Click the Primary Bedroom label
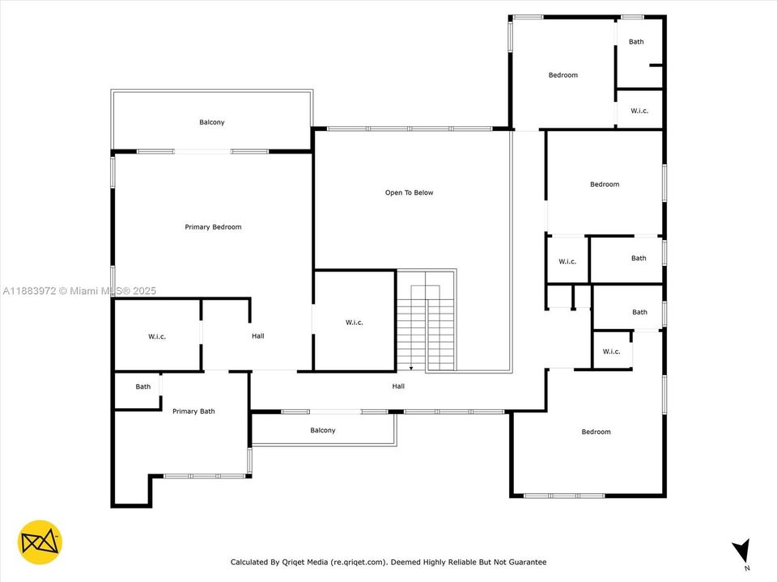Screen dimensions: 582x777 pos(213,227)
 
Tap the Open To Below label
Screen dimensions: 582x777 pos(409,192)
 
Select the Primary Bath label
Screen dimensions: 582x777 pos(193,411)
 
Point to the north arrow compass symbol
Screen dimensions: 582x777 pos(741,552)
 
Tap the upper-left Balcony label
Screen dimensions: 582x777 pos(212,122)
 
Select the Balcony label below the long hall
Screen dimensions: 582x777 pos(322,430)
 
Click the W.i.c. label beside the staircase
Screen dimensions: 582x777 pos(355,323)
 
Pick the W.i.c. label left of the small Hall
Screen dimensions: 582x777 pos(157,336)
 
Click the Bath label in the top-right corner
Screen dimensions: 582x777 pos(637,42)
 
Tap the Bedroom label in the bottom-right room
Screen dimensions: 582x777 pos(596,432)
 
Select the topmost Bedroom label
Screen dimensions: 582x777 pos(563,75)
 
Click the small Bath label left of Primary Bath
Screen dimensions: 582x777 pos(143,386)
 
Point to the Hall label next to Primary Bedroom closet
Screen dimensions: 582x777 pos(257,336)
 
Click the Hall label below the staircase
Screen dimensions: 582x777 pos(398,386)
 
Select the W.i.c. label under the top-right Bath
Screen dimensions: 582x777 pos(639,111)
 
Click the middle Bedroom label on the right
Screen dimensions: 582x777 pos(605,184)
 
